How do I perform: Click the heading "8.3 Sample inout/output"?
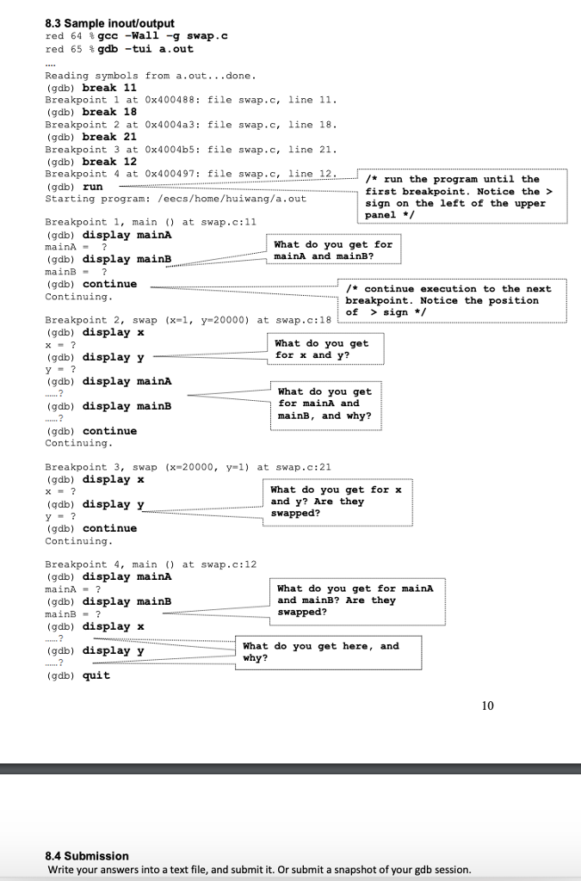(109, 23)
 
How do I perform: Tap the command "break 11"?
(109, 88)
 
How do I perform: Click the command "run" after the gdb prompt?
(92, 186)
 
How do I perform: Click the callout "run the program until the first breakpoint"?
(464, 197)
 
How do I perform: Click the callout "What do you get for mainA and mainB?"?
(332, 250)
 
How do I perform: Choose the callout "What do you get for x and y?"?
(321, 349)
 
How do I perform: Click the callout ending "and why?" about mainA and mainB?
(324, 404)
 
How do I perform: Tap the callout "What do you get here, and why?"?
(320, 652)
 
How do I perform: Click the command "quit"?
(96, 675)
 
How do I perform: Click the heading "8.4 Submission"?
(86, 856)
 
